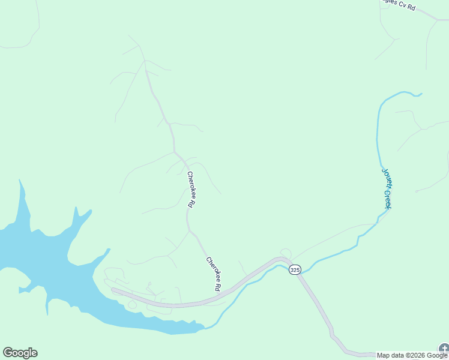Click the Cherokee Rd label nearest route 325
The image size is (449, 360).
(214, 274)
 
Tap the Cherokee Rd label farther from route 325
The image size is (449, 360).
(190, 190)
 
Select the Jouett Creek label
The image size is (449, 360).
(387, 188)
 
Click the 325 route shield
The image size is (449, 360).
(294, 270)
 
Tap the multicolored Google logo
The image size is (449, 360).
(20, 353)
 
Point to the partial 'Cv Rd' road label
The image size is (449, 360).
(400, 5)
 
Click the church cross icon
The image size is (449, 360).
(444, 349)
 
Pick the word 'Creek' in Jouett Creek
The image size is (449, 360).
(388, 198)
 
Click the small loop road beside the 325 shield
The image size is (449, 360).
(286, 253)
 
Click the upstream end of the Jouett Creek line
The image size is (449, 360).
(421, 94)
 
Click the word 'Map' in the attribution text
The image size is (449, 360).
(382, 356)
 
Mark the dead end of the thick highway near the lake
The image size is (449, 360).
(113, 290)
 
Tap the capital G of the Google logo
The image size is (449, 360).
(8, 353)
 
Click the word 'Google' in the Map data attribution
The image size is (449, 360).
(436, 356)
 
